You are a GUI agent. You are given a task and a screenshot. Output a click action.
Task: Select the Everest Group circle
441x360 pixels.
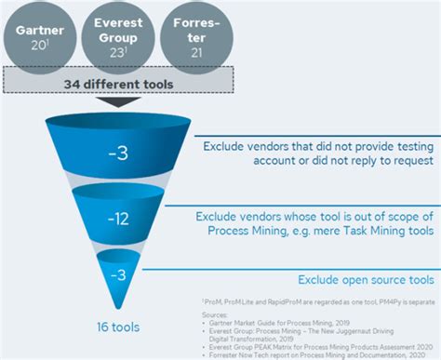pyautogui.click(x=114, y=36)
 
